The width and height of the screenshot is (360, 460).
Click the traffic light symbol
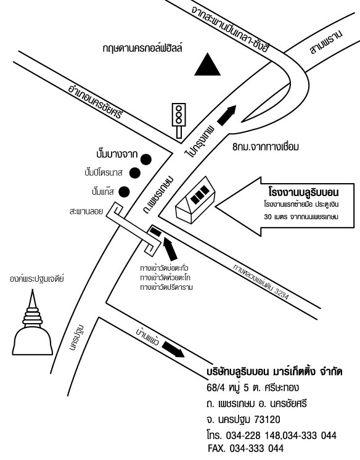click(178, 120)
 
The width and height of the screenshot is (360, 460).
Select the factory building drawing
click(195, 200)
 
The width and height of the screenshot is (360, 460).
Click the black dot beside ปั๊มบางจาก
click(146, 159)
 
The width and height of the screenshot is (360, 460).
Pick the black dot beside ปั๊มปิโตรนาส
click(135, 173)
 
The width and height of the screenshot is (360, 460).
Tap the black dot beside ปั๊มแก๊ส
click(125, 192)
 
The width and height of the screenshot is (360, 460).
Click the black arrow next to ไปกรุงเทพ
click(227, 115)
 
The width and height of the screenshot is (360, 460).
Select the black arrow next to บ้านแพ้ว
click(173, 349)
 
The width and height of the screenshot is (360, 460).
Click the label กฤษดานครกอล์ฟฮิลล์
click(142, 48)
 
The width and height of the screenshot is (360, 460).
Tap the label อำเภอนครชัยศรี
click(94, 102)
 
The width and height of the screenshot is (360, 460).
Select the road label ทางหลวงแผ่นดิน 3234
click(261, 282)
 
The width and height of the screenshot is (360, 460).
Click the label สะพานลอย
click(86, 212)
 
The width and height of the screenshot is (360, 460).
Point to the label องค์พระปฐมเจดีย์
click(36, 278)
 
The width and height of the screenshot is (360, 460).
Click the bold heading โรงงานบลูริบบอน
click(304, 193)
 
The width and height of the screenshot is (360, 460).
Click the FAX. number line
click(246, 448)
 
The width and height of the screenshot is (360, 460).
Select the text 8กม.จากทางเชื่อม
click(266, 147)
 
